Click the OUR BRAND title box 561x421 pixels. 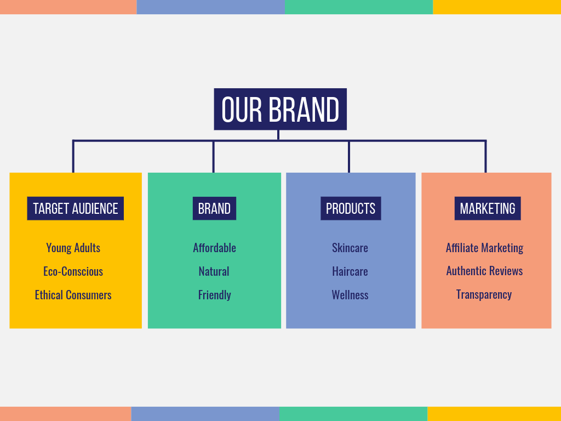(x=280, y=109)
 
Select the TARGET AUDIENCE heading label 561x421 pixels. (x=76, y=208)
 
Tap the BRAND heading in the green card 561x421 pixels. (x=214, y=208)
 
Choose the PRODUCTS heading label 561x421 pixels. (x=351, y=208)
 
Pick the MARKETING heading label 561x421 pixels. (x=488, y=208)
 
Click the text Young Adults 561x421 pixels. (x=73, y=248)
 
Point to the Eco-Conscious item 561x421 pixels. (x=73, y=271)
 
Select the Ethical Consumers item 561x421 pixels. (x=73, y=295)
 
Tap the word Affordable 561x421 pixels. (x=214, y=248)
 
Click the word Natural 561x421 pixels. (x=214, y=271)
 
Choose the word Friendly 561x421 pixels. (x=215, y=295)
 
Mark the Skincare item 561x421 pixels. (x=350, y=248)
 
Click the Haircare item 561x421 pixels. (x=350, y=271)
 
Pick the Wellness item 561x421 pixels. (x=350, y=295)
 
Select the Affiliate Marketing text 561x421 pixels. (x=484, y=248)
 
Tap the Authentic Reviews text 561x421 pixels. (x=484, y=271)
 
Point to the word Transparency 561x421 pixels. (x=484, y=294)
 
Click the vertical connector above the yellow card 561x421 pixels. (x=73, y=157)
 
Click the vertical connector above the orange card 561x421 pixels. (x=485, y=157)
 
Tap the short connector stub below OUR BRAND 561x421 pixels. (x=278, y=135)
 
